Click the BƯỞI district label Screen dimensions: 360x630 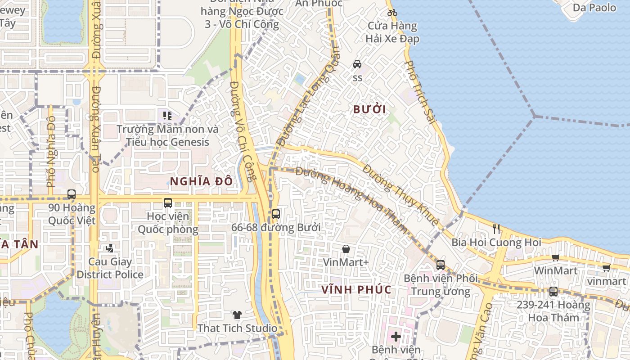click(369, 109)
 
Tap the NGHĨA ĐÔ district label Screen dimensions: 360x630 click(201, 181)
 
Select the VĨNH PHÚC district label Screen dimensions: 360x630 click(356, 289)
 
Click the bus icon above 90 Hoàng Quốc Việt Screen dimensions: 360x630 click(72, 194)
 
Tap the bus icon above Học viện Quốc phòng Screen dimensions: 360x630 click(168, 203)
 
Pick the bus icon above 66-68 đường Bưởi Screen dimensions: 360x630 click(276, 214)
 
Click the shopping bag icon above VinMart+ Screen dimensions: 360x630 click(346, 249)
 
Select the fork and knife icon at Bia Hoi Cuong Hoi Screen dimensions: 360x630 click(496, 229)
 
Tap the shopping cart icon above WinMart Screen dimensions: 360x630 click(555, 257)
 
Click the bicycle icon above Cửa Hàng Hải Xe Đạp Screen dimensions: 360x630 click(392, 13)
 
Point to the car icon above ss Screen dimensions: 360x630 click(357, 64)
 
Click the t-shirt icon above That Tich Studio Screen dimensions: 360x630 click(237, 315)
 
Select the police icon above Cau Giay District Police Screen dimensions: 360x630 click(110, 248)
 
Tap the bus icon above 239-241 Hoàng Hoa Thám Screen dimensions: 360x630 click(553, 292)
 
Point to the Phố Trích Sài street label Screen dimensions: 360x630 click(420, 92)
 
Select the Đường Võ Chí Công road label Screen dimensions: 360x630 click(242, 130)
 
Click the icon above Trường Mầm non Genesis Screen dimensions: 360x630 click(167, 116)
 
